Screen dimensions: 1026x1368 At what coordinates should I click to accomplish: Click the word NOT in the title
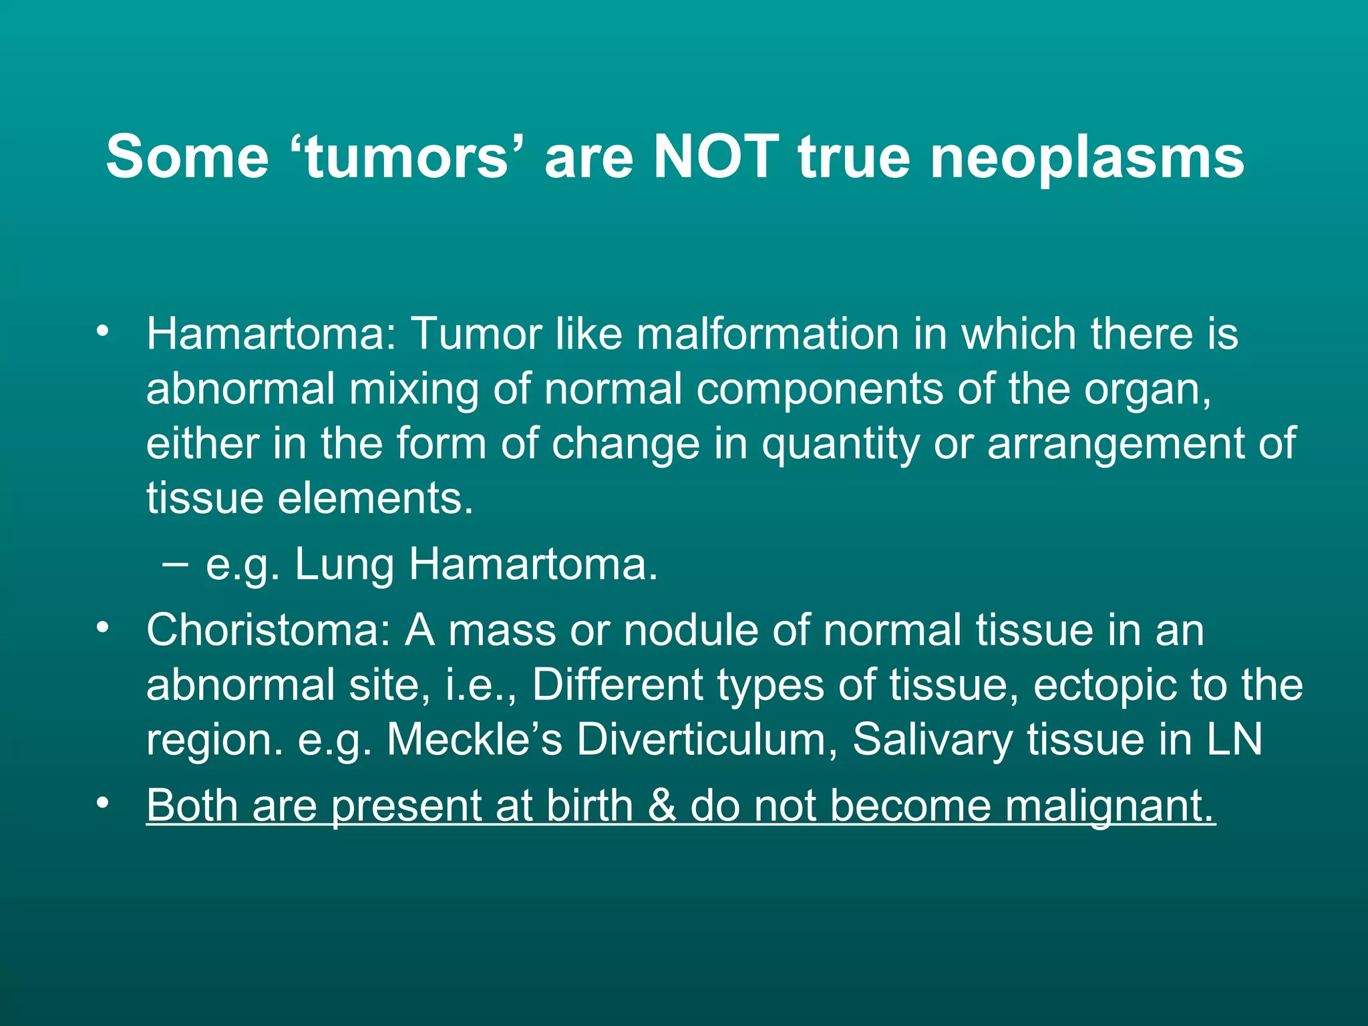715,157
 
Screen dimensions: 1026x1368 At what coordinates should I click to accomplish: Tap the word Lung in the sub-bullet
344,565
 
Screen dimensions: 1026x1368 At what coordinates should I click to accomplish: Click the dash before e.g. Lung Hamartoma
174,565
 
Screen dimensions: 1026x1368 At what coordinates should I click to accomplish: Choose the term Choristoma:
268,630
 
